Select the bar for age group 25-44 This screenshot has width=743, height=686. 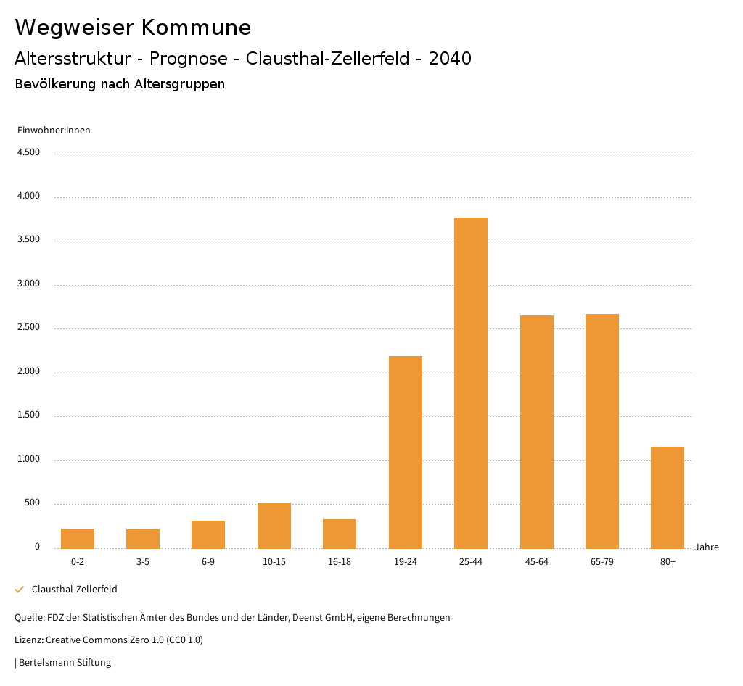(471, 383)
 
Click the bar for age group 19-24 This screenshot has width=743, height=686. (405, 452)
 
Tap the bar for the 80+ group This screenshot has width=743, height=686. (668, 497)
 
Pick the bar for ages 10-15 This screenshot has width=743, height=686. (274, 525)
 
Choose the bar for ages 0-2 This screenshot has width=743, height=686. (78, 538)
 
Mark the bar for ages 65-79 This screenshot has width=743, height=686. (602, 431)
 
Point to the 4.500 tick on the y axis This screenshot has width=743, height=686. (29, 152)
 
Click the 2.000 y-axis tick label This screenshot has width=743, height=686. (29, 371)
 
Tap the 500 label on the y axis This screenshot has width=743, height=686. (32, 503)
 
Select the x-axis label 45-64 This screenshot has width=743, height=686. (536, 562)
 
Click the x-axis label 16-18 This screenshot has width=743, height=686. (340, 562)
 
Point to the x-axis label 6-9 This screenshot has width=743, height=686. (208, 562)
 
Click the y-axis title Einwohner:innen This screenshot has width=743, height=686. (54, 131)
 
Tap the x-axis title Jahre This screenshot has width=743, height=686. (707, 547)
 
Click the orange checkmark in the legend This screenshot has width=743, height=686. (20, 590)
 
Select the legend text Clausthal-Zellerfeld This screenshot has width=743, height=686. (75, 590)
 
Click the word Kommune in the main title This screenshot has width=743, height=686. (196, 28)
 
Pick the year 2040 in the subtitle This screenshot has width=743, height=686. (450, 59)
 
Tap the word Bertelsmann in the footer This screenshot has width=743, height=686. (43, 663)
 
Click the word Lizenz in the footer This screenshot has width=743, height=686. (28, 640)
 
